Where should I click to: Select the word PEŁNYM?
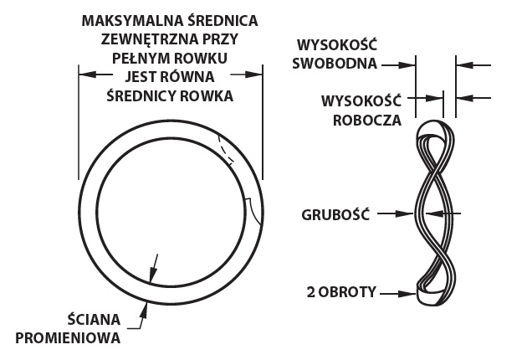coord(138,58)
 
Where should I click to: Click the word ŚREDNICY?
coord(141,95)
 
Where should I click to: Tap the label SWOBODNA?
coord(335,64)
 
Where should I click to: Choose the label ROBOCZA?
coord(367,121)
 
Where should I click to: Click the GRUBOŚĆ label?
coord(335,214)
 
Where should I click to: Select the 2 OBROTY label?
coord(341,292)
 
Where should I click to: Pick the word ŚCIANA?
coord(94,319)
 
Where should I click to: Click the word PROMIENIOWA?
coord(68,337)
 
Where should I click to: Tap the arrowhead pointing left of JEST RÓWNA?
coord(87,75)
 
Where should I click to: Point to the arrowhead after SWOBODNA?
coord(407,65)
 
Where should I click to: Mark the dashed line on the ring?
coord(224,151)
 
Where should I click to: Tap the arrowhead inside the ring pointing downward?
coord(153,275)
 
